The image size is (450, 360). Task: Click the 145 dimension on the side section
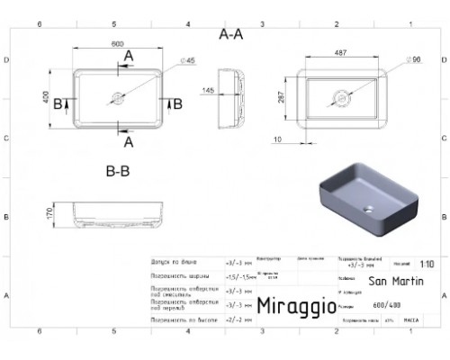pos(207,91)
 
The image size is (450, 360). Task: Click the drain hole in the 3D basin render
pos(368,208)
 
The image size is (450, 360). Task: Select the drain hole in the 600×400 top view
pos(116,96)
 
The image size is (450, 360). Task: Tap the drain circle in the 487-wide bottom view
pos(341,95)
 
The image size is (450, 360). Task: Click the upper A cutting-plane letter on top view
pos(129,56)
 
